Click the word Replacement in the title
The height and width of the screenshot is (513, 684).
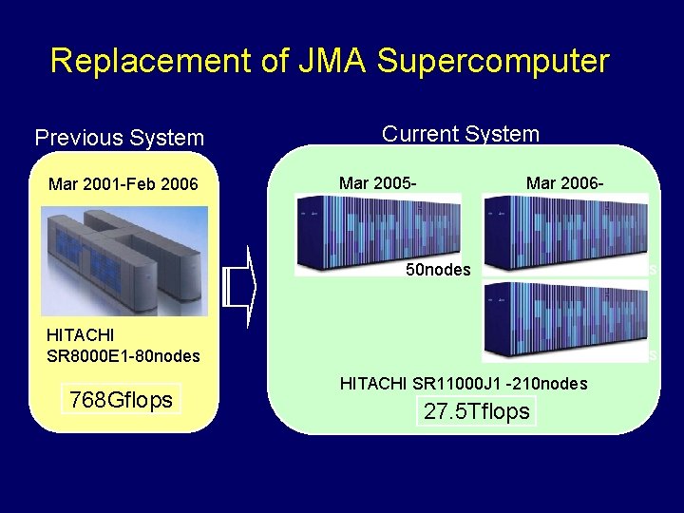coord(153,61)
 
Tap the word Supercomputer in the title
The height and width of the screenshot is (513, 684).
coord(492,61)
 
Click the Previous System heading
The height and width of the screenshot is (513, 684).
coord(119,138)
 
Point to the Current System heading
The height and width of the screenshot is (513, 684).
coord(460,134)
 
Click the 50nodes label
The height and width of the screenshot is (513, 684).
coord(438,269)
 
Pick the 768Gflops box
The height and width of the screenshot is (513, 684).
coord(121,400)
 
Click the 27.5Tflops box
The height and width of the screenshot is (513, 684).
coord(478,411)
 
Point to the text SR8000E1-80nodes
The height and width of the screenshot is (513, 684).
coord(123,356)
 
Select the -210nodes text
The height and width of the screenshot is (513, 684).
coord(544,384)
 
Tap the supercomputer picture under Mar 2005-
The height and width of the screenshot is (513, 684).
coord(376,234)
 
